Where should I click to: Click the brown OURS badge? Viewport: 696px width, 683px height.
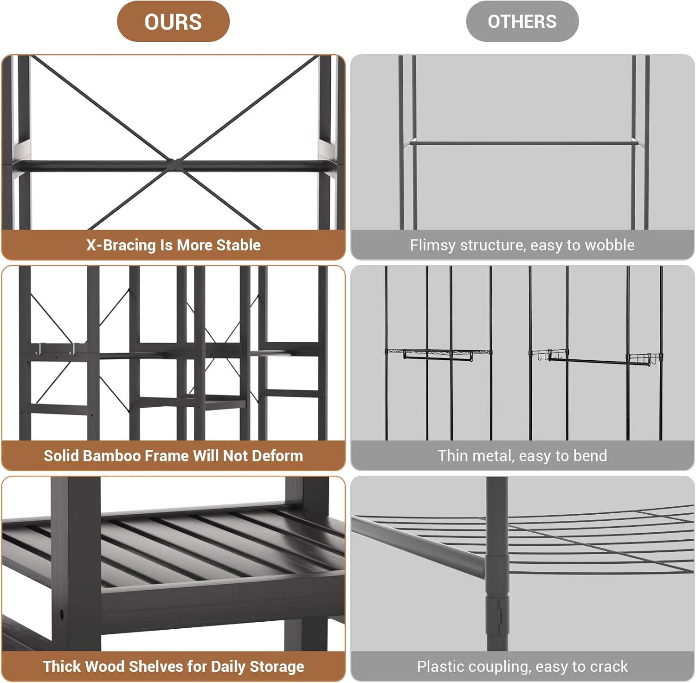pos(173,22)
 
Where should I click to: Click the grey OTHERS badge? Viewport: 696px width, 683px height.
pos(522,22)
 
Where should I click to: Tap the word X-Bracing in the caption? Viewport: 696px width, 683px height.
pos(121,245)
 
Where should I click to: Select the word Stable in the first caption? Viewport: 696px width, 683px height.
pos(239,245)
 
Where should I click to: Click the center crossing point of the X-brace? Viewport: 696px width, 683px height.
pos(174,163)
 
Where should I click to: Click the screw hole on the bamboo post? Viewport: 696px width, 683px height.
pos(61,615)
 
